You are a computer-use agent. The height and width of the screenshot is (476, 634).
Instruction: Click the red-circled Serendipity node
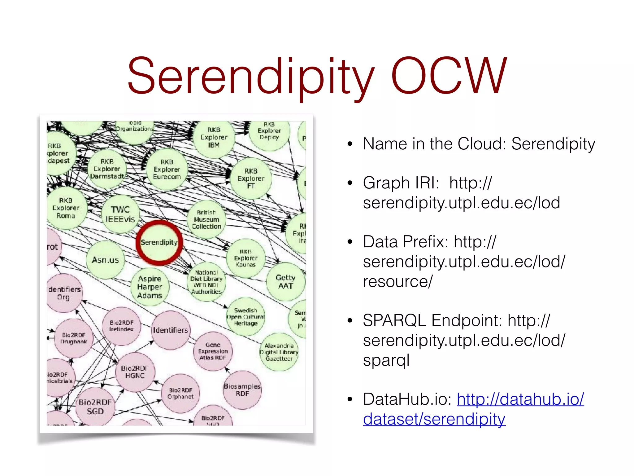coord(159,243)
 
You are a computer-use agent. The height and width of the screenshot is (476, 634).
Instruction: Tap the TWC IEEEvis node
coord(120,214)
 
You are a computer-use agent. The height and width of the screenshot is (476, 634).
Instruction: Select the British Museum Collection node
coord(206,219)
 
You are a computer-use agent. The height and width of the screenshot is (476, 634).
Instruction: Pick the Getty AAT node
coord(285,282)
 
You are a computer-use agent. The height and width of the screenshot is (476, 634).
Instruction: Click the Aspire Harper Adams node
coord(150,287)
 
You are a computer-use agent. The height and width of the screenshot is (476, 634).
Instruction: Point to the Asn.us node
coord(105,260)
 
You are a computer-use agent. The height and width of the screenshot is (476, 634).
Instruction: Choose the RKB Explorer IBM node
coord(214,137)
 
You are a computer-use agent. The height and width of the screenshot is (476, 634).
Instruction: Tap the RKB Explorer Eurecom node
coord(167,170)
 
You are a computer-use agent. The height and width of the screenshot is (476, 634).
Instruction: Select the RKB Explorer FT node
coord(251,178)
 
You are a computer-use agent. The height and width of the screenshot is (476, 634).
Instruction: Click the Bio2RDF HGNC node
coord(135,372)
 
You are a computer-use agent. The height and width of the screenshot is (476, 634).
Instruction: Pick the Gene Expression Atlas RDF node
coord(213,351)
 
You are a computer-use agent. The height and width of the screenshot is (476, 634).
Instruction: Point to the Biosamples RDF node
coord(242,390)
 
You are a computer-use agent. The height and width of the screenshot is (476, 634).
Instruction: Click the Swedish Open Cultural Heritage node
coord(246,317)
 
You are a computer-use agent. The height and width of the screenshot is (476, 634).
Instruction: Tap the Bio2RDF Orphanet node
coord(180,393)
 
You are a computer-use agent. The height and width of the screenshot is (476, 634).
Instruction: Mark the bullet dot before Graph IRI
coord(350,183)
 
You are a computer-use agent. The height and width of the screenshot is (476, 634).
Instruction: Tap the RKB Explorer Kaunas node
coord(246,258)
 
